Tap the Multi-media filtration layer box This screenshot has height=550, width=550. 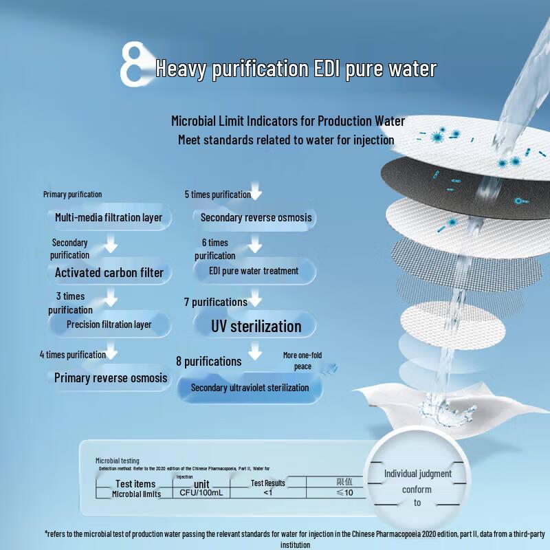(x=109, y=218)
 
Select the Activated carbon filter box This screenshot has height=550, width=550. (x=109, y=272)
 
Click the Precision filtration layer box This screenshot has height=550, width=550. (x=109, y=324)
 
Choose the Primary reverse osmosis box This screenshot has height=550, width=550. (x=111, y=378)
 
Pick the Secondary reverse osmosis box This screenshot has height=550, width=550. (x=256, y=218)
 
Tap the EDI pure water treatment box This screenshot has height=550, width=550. (x=254, y=271)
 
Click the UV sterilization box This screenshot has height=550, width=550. (x=256, y=326)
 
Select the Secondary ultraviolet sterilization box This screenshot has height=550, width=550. (x=250, y=388)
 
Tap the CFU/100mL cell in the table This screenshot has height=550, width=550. (x=197, y=493)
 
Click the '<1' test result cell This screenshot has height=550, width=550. (x=267, y=493)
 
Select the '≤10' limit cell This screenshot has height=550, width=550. (x=344, y=493)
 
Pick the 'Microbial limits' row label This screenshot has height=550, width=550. (x=137, y=494)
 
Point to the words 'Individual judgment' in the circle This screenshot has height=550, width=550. (x=417, y=474)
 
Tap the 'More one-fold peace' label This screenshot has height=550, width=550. (x=302, y=361)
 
